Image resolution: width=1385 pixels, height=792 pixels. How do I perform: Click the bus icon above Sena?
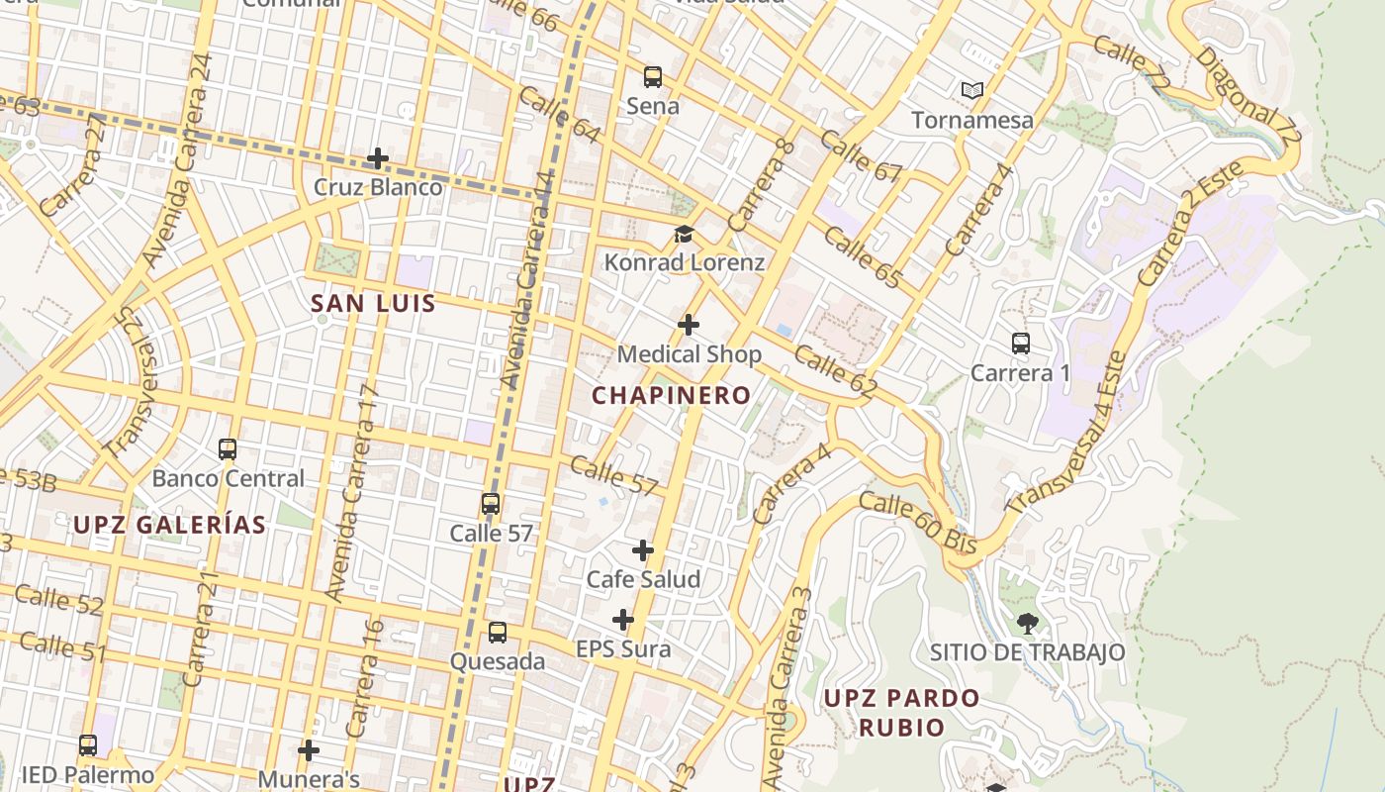[652, 76]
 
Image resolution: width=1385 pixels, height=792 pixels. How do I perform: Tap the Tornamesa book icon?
[972, 91]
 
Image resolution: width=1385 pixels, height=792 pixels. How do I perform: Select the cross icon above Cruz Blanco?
[377, 158]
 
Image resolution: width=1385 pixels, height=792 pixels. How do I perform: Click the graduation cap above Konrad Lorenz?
[684, 235]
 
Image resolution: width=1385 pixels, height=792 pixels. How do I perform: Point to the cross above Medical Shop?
[689, 325]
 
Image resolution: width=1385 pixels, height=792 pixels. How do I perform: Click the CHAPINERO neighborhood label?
[671, 395]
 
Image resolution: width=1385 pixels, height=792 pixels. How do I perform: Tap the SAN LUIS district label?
[373, 304]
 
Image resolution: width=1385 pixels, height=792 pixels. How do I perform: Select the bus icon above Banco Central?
[228, 449]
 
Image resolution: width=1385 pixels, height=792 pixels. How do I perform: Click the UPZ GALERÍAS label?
[169, 525]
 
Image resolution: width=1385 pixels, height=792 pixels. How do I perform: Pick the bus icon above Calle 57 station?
[491, 504]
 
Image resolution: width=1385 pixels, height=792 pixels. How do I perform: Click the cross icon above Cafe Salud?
[643, 550]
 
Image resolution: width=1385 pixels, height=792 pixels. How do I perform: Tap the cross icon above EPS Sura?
[622, 621]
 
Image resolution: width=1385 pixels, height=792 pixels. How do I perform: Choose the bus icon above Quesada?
[498, 632]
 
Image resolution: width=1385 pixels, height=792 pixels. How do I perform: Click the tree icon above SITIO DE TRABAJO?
[1027, 624]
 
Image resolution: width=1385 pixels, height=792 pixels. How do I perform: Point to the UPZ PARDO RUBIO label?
[901, 712]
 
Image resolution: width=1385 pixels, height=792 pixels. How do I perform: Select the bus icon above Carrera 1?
[1021, 344]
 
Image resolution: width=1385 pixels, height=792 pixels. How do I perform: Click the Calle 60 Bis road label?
[917, 523]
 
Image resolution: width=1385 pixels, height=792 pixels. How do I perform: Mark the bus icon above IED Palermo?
[88, 745]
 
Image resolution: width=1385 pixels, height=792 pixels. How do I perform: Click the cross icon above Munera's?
[309, 750]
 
